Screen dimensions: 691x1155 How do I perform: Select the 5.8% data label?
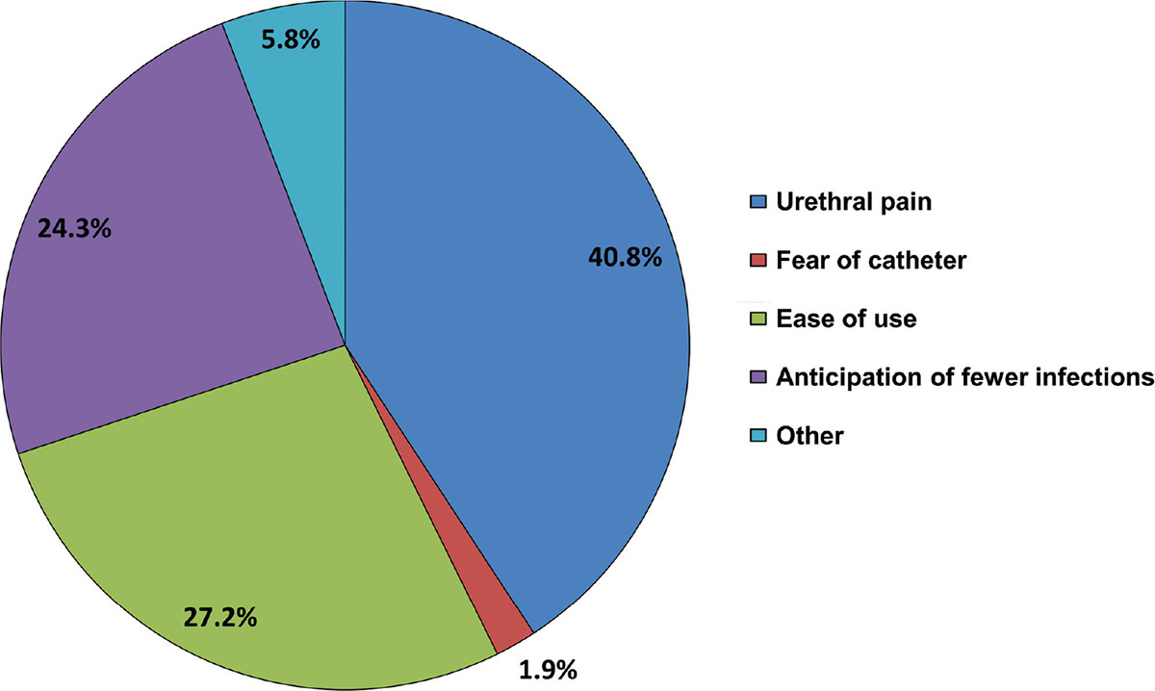pyautogui.click(x=291, y=42)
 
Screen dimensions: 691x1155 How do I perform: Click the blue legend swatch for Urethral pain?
pyautogui.click(x=756, y=203)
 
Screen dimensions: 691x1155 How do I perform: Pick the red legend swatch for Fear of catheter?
pyautogui.click(x=756, y=261)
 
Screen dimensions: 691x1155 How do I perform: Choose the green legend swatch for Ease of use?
pyautogui.click(x=756, y=320)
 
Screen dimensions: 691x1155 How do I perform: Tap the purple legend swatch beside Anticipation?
pyautogui.click(x=756, y=378)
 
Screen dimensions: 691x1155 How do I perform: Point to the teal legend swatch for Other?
pyautogui.click(x=756, y=436)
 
